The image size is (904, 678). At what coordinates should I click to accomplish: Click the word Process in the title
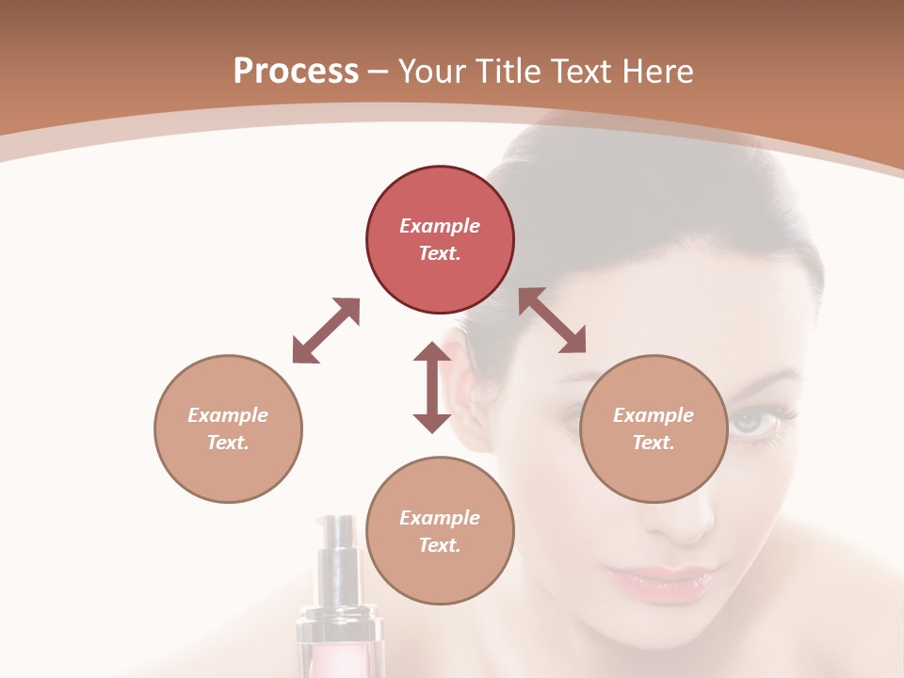tap(296, 71)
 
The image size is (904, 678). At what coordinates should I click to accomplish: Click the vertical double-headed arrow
tap(432, 387)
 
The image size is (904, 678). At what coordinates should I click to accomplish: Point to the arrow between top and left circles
tap(326, 331)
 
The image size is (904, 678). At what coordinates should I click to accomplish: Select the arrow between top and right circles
tap(552, 320)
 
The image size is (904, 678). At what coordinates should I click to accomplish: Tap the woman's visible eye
tap(759, 421)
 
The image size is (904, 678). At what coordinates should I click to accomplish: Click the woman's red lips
tap(659, 580)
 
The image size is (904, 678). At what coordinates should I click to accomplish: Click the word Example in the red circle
tap(440, 226)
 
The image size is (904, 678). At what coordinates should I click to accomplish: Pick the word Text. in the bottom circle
tap(440, 545)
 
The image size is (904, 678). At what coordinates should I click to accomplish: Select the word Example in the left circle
tap(228, 415)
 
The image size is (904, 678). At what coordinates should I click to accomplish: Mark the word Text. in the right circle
tap(654, 443)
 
